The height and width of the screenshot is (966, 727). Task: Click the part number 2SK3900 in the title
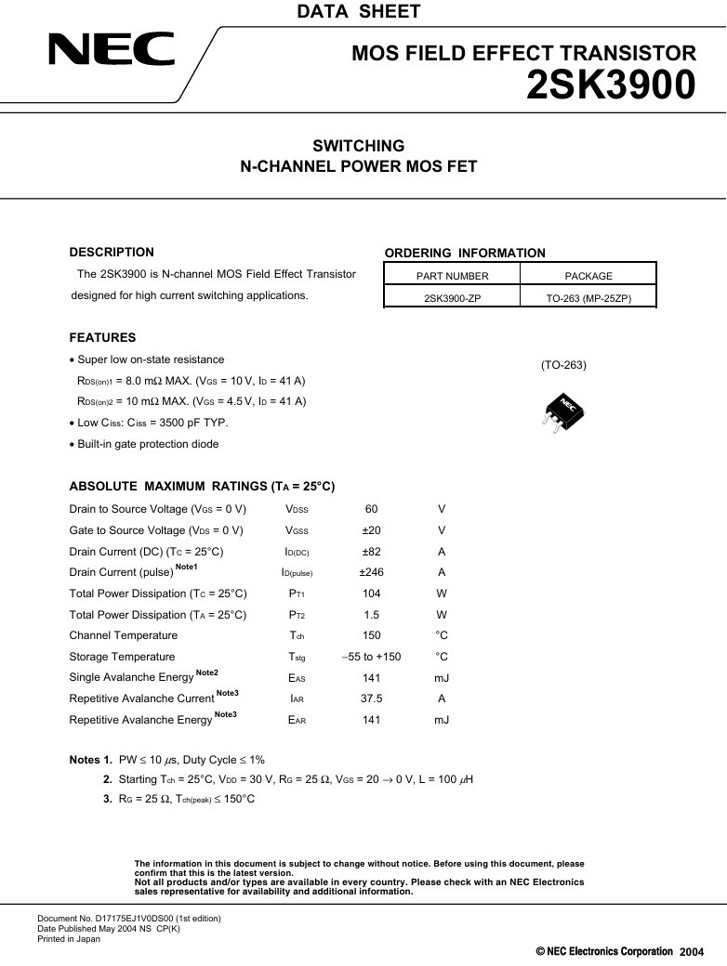pos(611,86)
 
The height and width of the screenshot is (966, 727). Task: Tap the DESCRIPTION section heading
pos(112,252)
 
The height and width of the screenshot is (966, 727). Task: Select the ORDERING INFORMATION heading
pos(465,253)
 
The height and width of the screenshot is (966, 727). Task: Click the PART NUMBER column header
pos(452,276)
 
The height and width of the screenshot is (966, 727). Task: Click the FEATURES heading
pos(102,338)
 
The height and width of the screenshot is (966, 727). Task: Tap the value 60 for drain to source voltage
pos(371,509)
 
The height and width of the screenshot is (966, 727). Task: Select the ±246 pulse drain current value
pos(371,572)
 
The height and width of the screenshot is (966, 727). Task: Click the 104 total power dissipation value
pos(371,594)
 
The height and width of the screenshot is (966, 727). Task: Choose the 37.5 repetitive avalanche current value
pos(371,698)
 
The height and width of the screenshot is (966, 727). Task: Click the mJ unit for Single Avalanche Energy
pos(442,678)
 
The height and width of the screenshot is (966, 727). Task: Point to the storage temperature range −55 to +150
pos(371,657)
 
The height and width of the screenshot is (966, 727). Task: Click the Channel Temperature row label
pos(123,635)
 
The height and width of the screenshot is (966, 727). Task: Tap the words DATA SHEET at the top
pos(358,12)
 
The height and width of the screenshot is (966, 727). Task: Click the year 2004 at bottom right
pos(692,953)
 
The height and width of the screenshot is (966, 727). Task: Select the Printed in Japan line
pos(69,939)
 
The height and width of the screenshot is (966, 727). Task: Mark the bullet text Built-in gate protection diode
pos(148,444)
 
